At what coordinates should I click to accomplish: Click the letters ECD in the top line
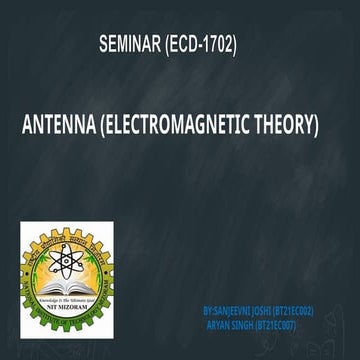click(x=187, y=46)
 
